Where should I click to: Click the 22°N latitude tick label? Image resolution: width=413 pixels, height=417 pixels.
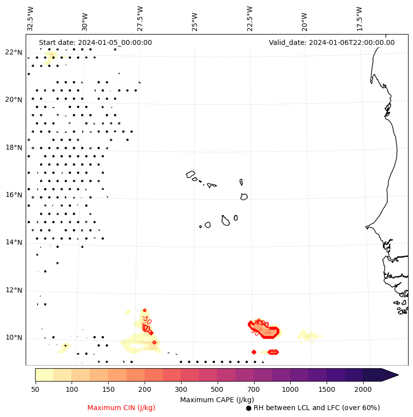[14, 52]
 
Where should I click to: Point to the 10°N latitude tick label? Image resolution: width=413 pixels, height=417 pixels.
[14, 338]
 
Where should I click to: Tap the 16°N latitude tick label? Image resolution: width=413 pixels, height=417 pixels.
[14, 195]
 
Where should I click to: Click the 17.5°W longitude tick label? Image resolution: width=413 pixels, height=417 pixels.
[360, 19]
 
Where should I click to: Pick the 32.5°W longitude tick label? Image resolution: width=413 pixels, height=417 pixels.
[31, 19]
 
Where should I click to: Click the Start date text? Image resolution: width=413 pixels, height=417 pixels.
[95, 42]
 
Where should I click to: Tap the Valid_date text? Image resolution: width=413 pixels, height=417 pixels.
[332, 42]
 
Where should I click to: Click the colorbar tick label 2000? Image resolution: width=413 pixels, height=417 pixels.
[363, 390]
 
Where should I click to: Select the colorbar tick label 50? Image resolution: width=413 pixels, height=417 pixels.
[35, 390]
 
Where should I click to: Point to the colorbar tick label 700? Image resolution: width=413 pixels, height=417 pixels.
[254, 390]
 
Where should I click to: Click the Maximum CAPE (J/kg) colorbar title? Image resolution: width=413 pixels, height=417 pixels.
[217, 399]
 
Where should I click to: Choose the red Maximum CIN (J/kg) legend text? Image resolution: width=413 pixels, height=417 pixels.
[121, 408]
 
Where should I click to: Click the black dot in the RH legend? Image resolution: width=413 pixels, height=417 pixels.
[249, 408]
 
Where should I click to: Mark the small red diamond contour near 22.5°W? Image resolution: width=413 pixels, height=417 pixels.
[254, 352]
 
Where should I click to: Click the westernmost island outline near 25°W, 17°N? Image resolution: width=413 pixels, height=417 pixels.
[190, 174]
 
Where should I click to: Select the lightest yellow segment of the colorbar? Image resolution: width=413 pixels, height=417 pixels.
[44, 375]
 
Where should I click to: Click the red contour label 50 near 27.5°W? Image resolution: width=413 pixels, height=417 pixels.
[147, 319]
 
